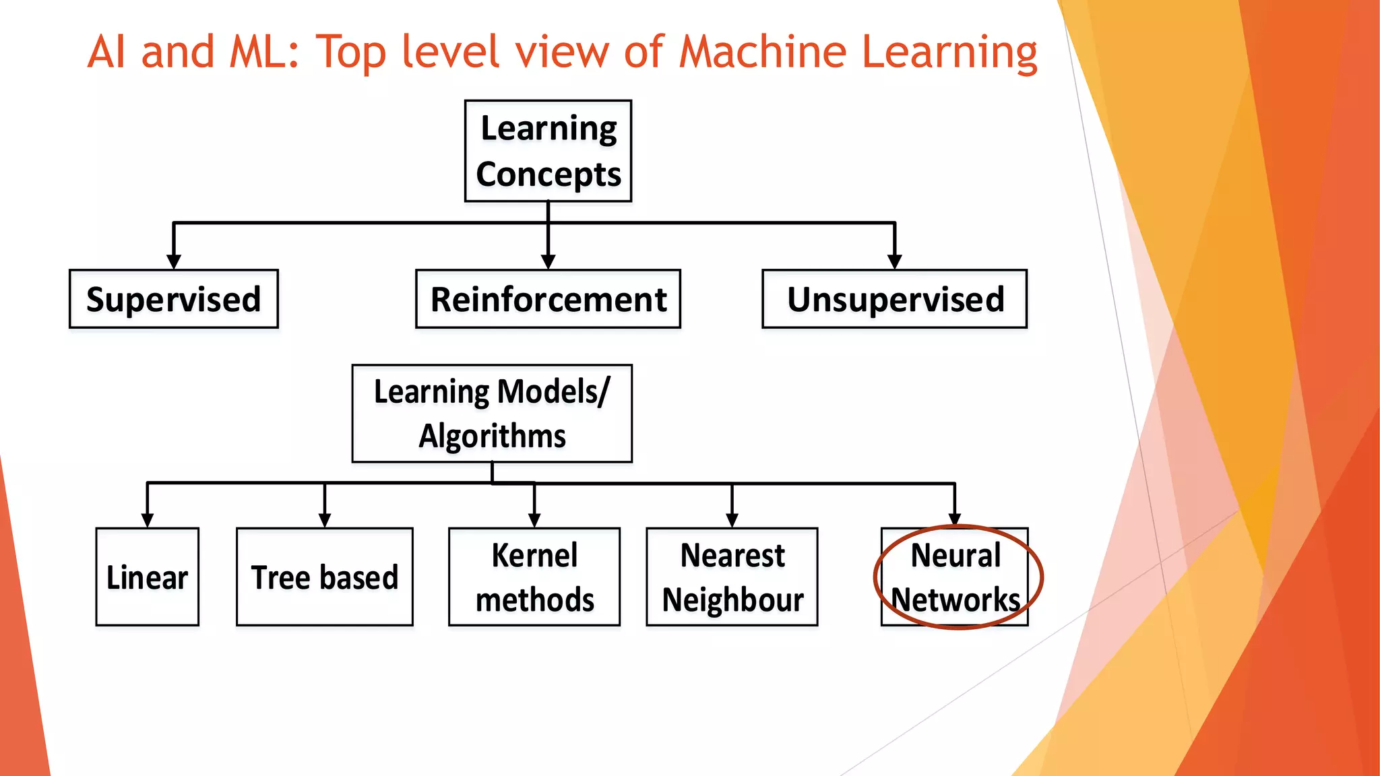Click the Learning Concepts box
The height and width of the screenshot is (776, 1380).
coord(548,151)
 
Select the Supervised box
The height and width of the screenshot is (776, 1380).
coord(174,299)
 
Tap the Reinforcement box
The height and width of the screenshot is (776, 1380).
coord(548,299)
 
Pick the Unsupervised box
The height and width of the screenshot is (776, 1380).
coord(894,299)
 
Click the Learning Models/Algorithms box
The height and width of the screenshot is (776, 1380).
coord(492,414)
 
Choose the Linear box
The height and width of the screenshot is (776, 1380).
coord(148,577)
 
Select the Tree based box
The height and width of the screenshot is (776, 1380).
coord(324,577)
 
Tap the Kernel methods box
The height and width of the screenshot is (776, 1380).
coord(534,577)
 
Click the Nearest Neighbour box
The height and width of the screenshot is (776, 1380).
coord(732,577)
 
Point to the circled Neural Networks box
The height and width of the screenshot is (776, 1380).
coord(955,577)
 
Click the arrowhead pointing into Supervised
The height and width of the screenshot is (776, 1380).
coord(174,261)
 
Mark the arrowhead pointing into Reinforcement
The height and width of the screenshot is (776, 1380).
coord(548,261)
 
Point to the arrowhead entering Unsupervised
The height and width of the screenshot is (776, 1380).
coord(895,261)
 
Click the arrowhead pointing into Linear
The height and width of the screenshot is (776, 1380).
coord(148,520)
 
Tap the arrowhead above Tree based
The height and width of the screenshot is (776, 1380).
coord(325,520)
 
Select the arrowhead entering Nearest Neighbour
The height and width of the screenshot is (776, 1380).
coord(732,520)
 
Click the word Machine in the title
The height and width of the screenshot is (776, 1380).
coord(762,52)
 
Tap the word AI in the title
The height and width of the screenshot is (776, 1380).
coord(106,52)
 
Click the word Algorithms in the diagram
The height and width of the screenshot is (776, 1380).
coord(492,437)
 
